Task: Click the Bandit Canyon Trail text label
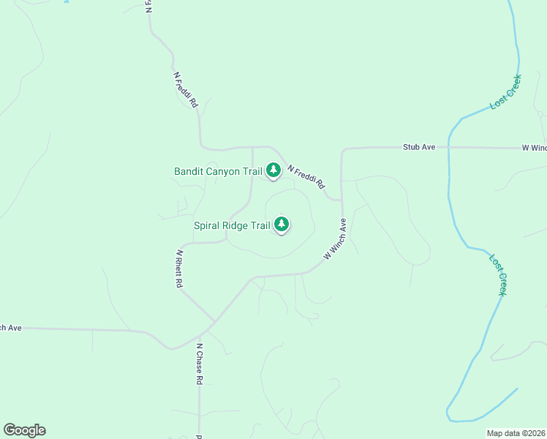coord(218,172)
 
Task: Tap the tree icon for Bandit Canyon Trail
coord(273,170)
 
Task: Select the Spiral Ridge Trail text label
coord(232,226)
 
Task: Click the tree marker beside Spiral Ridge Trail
coord(282,225)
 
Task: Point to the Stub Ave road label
coord(419,147)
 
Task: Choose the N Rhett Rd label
coord(178,269)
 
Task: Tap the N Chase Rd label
coord(198,363)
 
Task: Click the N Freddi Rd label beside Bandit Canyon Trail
coord(306,176)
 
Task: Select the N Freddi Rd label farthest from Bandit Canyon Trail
coord(186,90)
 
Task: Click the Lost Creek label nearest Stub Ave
coord(505,91)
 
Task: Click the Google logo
coord(24,430)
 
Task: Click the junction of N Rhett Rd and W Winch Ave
coord(214,321)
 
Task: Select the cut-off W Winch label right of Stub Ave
coord(535,148)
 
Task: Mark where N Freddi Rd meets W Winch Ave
coord(342,199)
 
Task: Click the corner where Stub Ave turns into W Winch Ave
coord(343,150)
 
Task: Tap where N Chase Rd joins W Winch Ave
coord(198,336)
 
